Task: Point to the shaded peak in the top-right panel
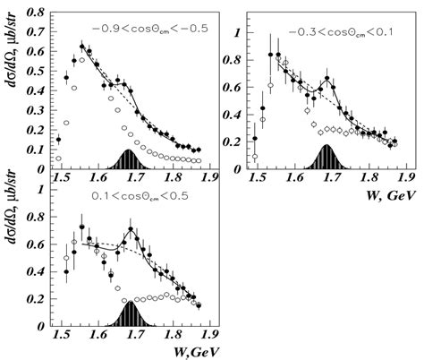[x=327, y=160]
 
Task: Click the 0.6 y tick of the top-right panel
[x=235, y=88]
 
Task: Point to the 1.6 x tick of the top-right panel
[x=293, y=177]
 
